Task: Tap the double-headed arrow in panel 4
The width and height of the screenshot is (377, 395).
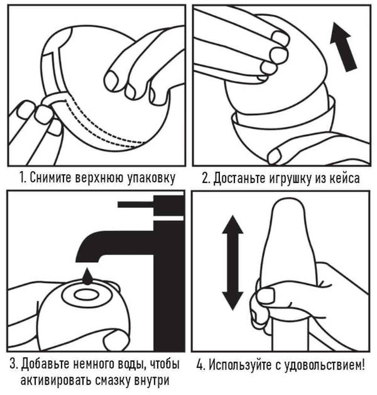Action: (233, 263)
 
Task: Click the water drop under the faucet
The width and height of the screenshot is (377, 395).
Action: (87, 276)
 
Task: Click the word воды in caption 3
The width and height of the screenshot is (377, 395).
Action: (130, 365)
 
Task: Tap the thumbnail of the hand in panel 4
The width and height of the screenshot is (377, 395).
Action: (266, 294)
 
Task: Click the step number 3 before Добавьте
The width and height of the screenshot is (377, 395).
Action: (13, 364)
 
